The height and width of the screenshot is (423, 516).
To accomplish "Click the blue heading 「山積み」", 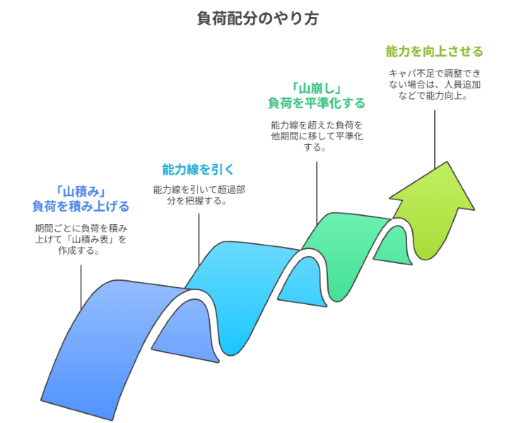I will (81, 191).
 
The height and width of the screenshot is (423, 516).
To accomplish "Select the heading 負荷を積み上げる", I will (81, 207).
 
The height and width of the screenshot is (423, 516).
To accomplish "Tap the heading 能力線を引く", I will (199, 170).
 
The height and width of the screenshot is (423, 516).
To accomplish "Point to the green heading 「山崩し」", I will (316, 88).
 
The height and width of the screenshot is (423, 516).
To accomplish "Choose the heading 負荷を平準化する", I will (316, 103).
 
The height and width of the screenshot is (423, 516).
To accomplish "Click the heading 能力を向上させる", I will (434, 52).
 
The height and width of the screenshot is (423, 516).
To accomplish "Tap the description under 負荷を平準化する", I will (316, 136).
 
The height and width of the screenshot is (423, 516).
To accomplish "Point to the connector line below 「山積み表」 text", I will (81, 283).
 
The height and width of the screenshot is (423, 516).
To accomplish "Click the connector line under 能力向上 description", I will (434, 134).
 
